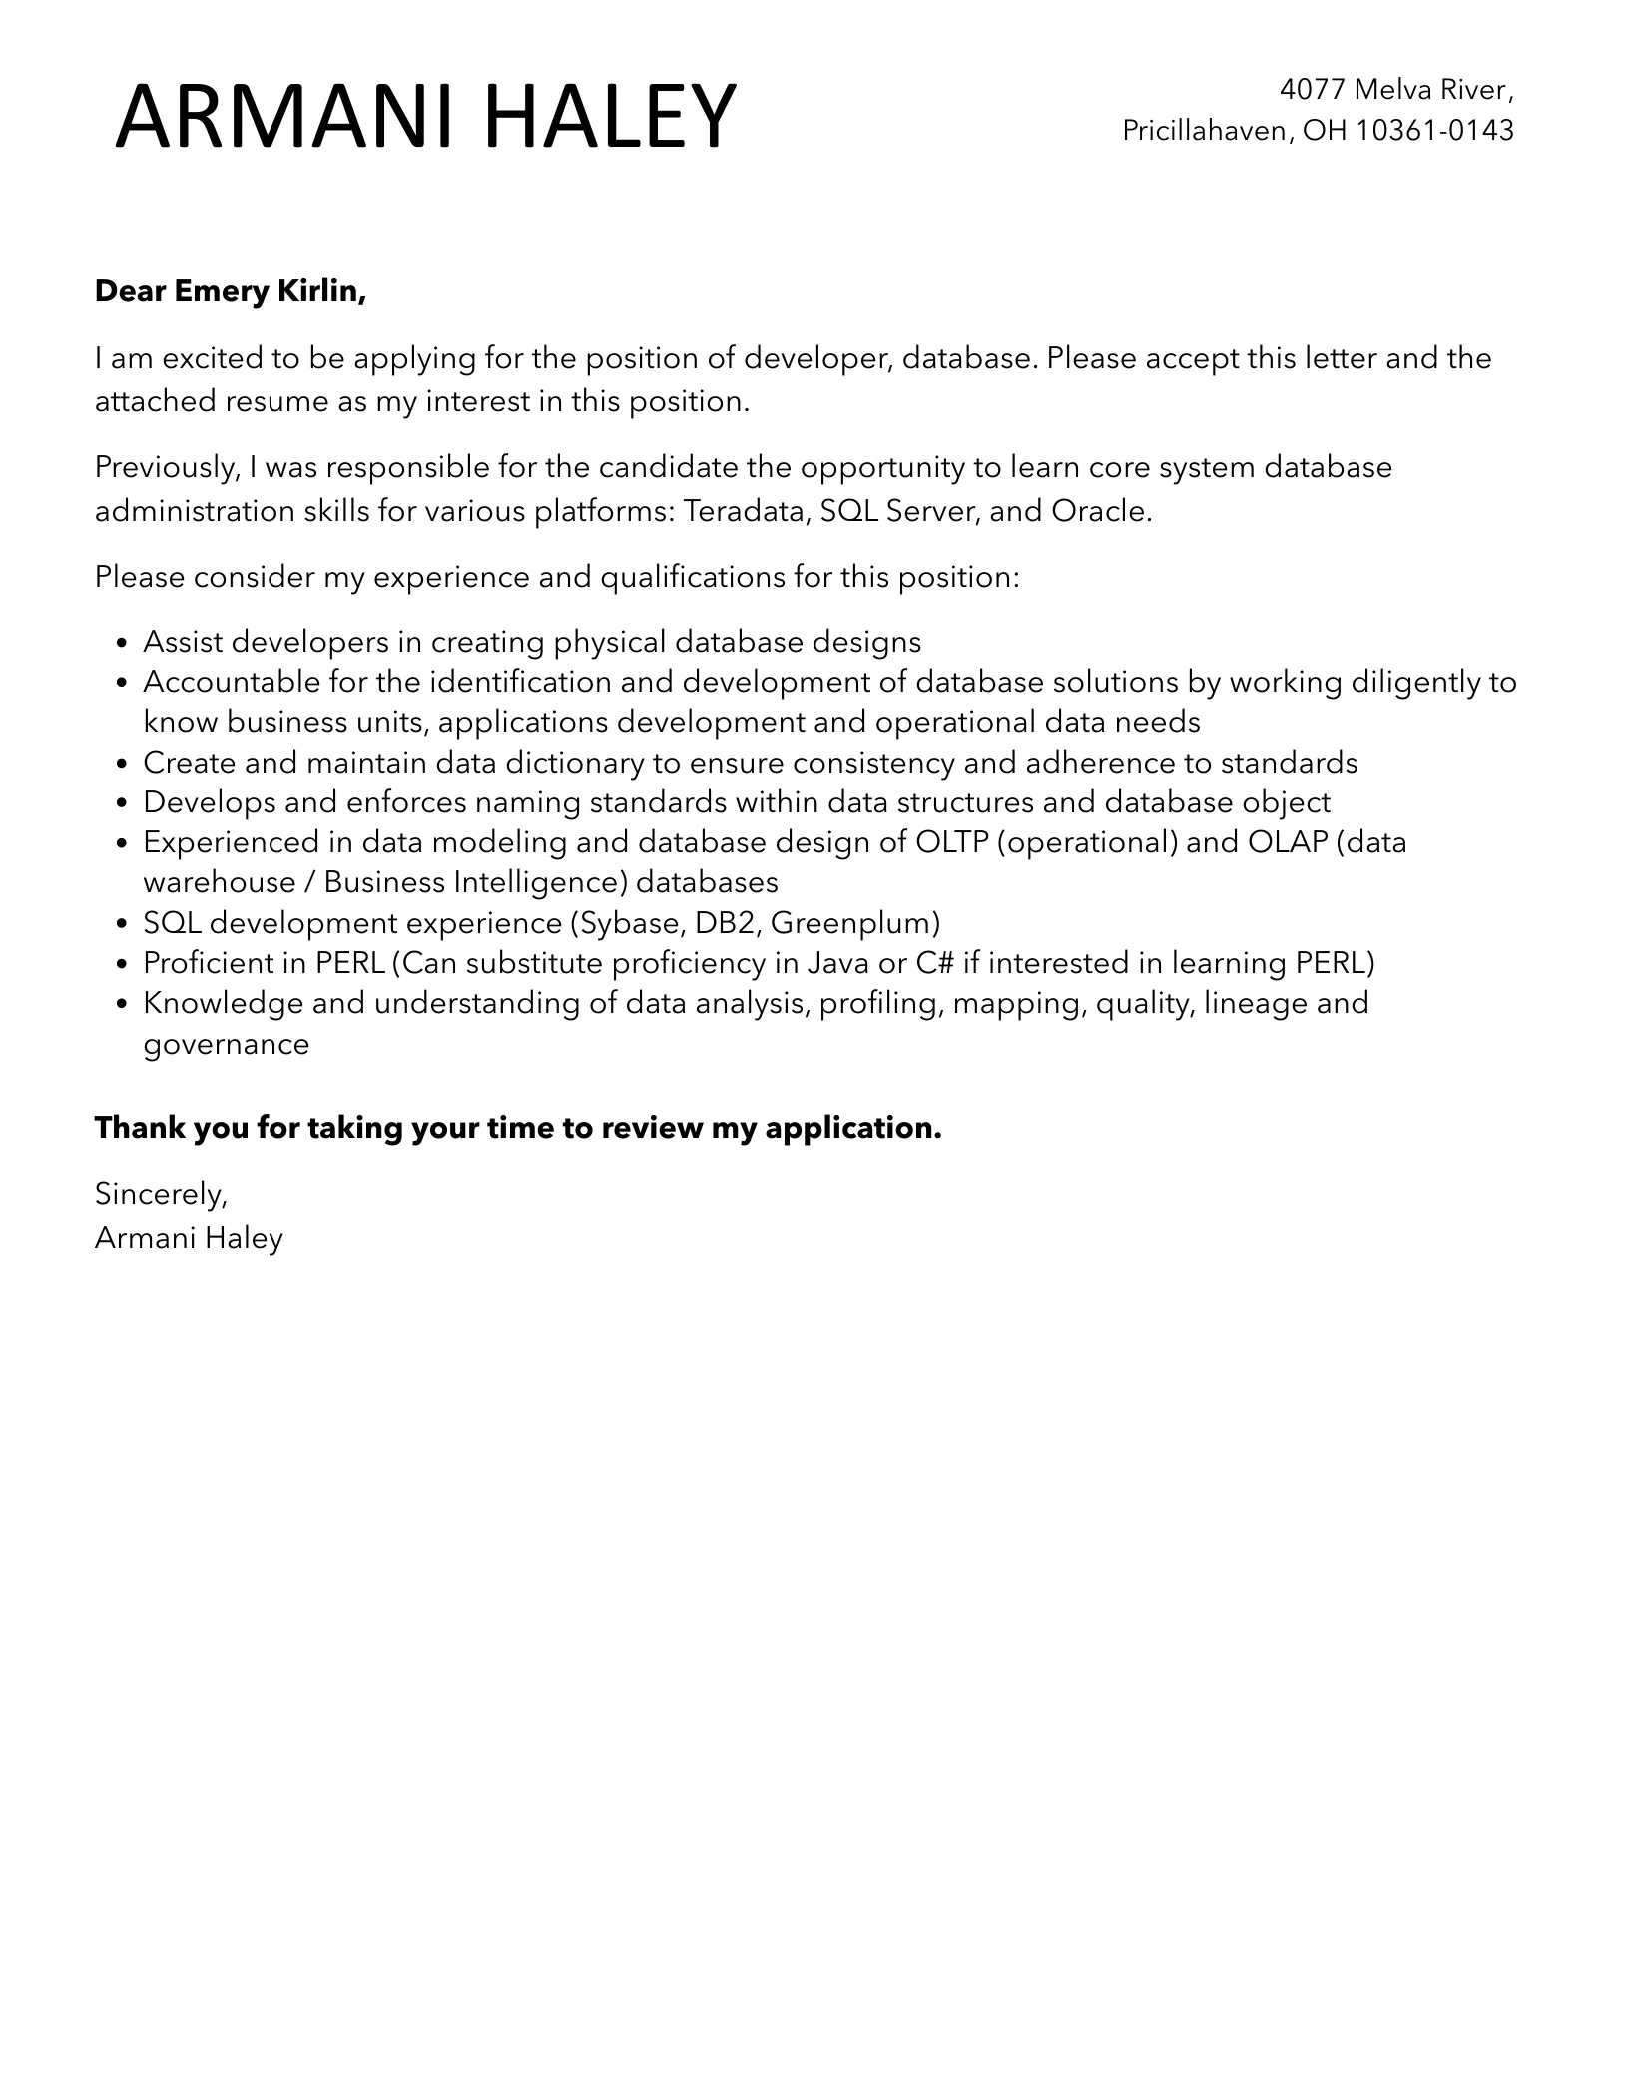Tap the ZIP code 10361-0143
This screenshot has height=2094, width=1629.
[1434, 131]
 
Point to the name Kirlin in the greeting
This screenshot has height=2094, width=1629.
[324, 291]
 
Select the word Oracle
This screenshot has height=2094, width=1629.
[1101, 511]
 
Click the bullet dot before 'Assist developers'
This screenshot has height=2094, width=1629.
[123, 643]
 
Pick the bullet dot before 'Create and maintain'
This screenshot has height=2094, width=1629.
[123, 764]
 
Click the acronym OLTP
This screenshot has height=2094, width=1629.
[951, 843]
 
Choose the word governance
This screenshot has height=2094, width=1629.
[226, 1045]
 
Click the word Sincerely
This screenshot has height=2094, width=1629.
[160, 1194]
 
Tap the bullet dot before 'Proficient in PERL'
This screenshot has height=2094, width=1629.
[123, 964]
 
